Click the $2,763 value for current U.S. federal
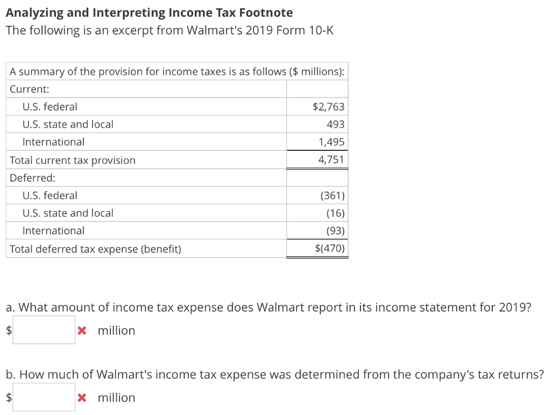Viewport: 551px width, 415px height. click(328, 107)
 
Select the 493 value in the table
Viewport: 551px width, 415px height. click(335, 124)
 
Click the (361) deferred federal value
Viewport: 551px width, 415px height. click(332, 196)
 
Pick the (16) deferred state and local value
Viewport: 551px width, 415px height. click(335, 213)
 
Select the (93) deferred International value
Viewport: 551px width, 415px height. click(335, 231)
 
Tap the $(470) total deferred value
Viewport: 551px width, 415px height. click(329, 249)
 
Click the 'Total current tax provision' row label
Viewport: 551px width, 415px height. click(73, 161)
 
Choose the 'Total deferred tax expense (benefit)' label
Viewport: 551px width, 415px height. click(95, 249)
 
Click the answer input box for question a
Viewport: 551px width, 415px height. click(44, 330)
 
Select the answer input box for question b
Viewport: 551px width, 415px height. click(44, 397)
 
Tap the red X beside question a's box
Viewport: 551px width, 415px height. click(82, 330)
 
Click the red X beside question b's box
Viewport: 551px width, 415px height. click(82, 398)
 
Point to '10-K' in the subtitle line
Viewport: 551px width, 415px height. click(321, 30)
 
